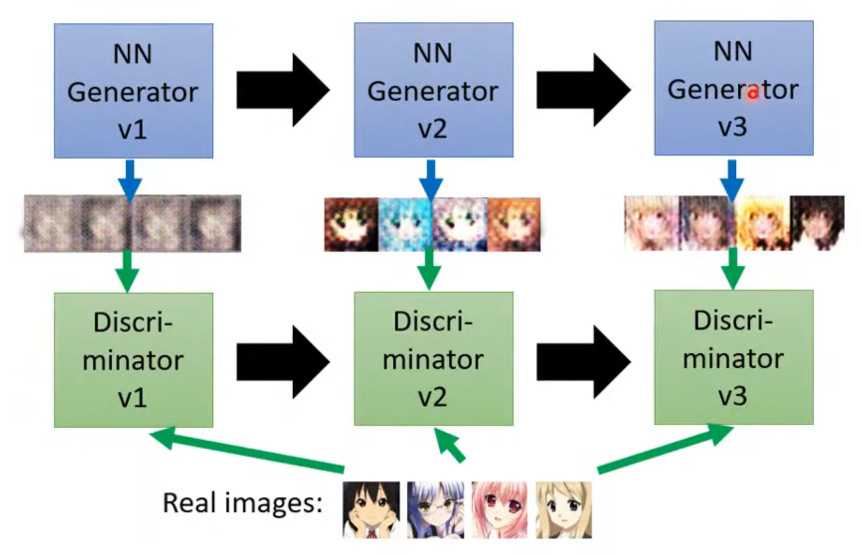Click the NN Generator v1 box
(x=133, y=91)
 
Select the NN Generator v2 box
(x=433, y=90)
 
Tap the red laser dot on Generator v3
(x=753, y=93)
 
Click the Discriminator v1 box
(x=133, y=360)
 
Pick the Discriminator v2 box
(x=433, y=359)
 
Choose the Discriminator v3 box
(x=734, y=357)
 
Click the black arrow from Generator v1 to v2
(x=282, y=90)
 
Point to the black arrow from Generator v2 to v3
(x=582, y=90)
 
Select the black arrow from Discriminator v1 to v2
(x=282, y=362)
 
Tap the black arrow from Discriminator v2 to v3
(x=582, y=362)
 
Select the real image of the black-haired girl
(x=371, y=510)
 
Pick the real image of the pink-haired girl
(x=499, y=510)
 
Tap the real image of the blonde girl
(x=564, y=510)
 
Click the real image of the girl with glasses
(x=435, y=510)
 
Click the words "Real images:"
(x=243, y=503)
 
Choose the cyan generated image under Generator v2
(x=406, y=224)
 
